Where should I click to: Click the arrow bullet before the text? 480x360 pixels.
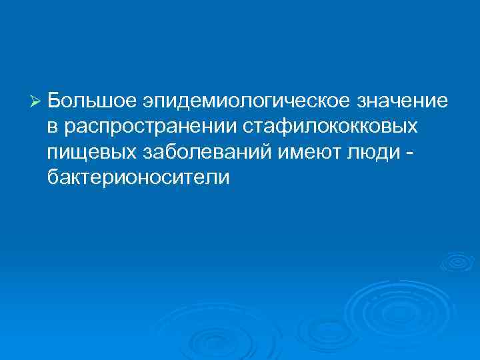(x=37, y=101)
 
